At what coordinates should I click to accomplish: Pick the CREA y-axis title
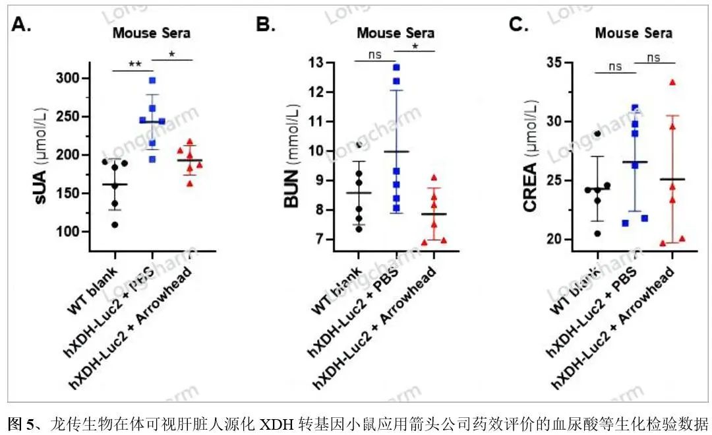coord(530,156)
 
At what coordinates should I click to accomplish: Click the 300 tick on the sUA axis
coord(68,78)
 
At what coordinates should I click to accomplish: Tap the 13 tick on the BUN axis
coord(316,62)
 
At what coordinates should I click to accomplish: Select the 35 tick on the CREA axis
coord(556,62)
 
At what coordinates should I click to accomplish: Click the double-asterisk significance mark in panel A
coord(135,64)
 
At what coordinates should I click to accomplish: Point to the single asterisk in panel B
coord(415,46)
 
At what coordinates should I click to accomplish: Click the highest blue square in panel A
coord(152,81)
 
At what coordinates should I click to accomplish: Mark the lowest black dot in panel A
coord(115,224)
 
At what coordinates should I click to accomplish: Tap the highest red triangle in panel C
coord(672,83)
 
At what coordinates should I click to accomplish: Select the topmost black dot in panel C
coord(597,133)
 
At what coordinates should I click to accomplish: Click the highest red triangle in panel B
coord(434,178)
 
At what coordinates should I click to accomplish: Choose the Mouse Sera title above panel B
coord(396,33)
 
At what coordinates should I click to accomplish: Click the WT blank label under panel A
coord(92,291)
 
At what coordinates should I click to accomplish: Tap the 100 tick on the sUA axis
coord(68,232)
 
